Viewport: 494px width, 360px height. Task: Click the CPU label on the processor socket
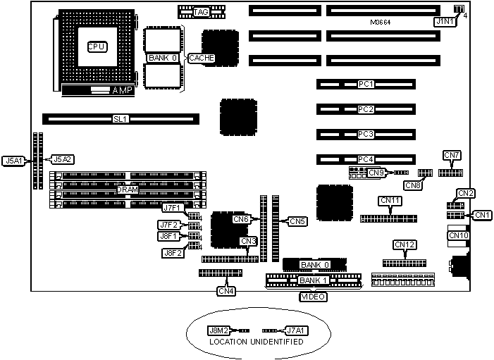[97, 46]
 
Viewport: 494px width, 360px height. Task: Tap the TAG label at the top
[201, 12]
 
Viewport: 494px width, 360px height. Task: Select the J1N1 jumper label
[445, 22]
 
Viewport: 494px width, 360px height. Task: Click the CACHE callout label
[201, 58]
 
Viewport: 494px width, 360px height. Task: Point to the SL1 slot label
[120, 119]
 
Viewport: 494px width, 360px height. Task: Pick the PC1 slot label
[365, 85]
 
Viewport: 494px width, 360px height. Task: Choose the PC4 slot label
[365, 159]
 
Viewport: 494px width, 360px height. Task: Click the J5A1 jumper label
[14, 161]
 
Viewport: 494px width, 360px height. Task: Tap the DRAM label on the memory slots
[128, 190]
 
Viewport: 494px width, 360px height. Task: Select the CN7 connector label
[452, 155]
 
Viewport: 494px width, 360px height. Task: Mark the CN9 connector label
[376, 172]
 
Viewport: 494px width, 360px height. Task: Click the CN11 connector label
[390, 201]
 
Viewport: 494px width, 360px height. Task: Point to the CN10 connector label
[458, 235]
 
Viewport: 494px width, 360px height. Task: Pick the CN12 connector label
[405, 245]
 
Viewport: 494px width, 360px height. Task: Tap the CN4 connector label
[226, 290]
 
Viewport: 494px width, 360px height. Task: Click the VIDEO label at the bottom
[313, 297]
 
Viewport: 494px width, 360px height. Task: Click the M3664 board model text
[382, 23]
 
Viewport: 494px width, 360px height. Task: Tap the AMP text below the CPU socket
[122, 91]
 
